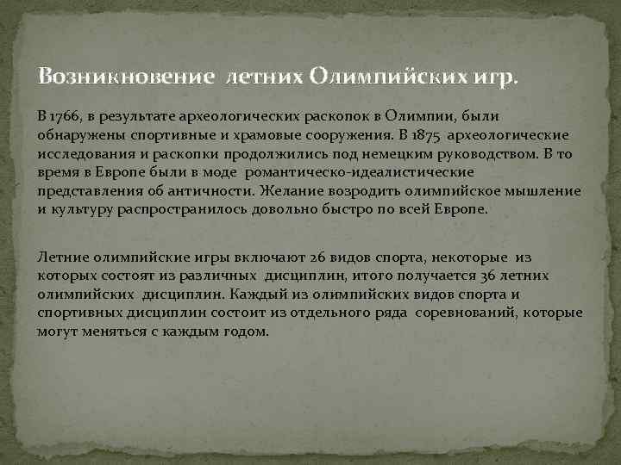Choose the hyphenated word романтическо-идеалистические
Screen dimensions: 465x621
pyautogui.click(x=332, y=175)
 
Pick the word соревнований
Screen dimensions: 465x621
pyautogui.click(x=466, y=314)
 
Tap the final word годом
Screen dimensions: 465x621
pyautogui.click(x=246, y=333)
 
